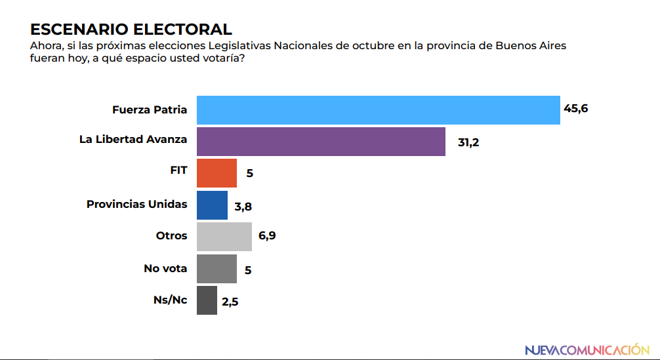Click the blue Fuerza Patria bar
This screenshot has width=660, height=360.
coord(379,110)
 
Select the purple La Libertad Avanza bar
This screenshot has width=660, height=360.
coord(321,142)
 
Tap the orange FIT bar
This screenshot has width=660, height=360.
coord(217,173)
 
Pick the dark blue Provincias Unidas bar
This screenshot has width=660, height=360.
coord(212,205)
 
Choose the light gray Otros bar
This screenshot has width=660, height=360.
coord(224,236)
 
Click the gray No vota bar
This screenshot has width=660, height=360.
coord(217,268)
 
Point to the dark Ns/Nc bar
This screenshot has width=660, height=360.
coord(207,300)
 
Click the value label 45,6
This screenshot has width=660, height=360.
coord(575,108)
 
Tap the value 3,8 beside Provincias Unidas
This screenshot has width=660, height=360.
coord(243,206)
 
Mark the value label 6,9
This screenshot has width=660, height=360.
coord(266,236)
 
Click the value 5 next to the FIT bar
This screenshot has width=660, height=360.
coord(249,174)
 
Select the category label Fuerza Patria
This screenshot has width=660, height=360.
coord(150,110)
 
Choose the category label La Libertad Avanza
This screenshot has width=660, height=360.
coord(133,139)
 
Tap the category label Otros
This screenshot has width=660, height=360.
coord(171,235)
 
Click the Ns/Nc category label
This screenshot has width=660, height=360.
coord(170,300)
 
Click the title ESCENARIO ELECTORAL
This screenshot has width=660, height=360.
coord(131,30)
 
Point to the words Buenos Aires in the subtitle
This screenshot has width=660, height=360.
coord(531,47)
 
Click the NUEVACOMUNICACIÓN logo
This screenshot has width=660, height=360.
coord(587,350)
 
